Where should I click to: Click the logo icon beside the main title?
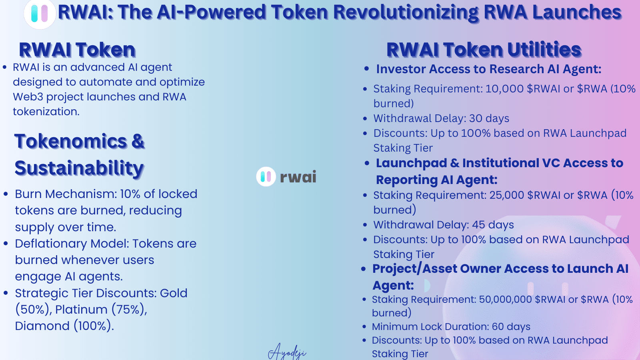40,14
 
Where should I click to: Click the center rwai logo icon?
266,176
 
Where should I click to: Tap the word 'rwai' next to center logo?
298,176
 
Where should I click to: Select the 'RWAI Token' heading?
77,50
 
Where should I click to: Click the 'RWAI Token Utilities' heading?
484,50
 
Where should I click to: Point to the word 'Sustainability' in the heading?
79,168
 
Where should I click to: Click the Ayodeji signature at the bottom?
287,352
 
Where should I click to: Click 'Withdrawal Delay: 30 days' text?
441,118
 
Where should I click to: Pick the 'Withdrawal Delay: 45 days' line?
443,225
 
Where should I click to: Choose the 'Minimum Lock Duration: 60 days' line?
451,327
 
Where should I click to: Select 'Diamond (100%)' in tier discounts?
64,326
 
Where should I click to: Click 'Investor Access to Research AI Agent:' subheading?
488,69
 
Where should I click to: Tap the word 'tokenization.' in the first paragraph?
46,112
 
